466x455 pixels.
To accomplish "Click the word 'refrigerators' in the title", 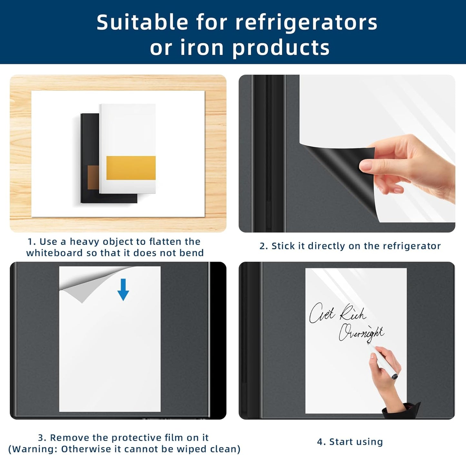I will click(306, 23).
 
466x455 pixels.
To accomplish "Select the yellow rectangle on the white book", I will click(131, 168).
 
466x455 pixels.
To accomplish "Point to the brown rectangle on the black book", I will click(93, 178).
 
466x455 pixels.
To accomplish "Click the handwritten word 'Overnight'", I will click(361, 333).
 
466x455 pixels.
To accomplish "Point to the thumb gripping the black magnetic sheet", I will click(367, 166).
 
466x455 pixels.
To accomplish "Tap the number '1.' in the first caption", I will click(32, 242).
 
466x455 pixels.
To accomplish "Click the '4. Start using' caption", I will click(350, 441).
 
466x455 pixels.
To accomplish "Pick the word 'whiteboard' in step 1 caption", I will click(55, 253).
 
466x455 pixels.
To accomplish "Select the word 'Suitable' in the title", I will click(142, 23).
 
